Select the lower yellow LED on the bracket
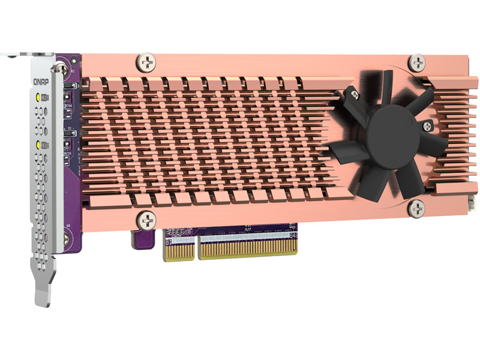[x=40, y=145]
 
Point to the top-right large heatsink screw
[x=417, y=62]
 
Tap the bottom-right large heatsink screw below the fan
[x=416, y=208]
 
